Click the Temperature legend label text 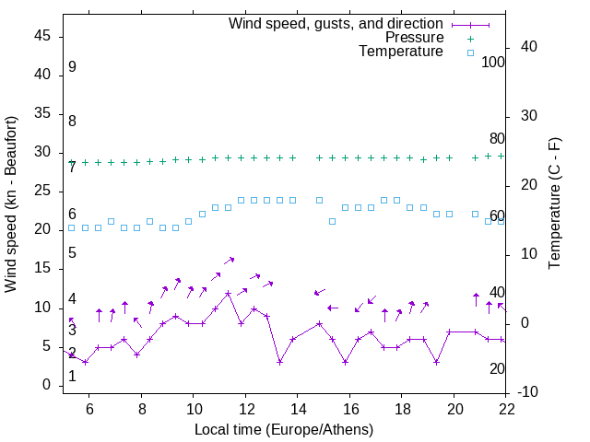pos(401,52)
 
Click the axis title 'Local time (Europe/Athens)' pos(284,429)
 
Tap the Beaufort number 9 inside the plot pos(71,67)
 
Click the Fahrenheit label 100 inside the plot pos(493,62)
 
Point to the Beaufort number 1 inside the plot pos(72,377)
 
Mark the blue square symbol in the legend pos(470,52)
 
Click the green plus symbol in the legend pos(470,39)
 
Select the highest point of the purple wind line pos(228,293)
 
